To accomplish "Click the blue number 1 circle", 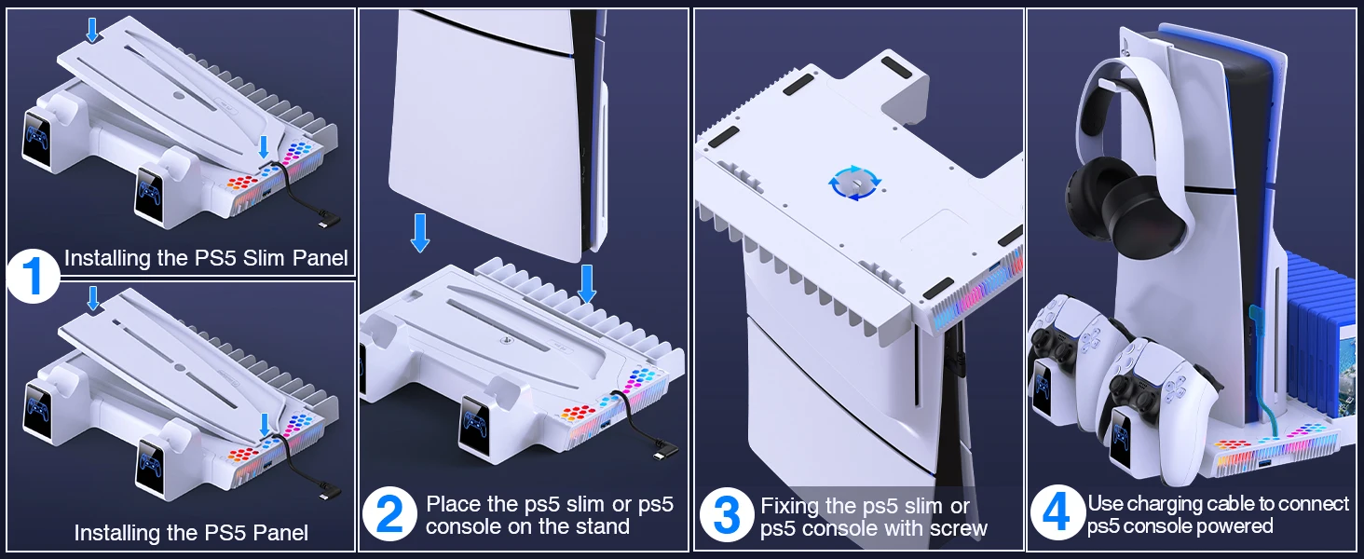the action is click(x=33, y=276).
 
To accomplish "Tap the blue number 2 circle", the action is click(x=389, y=514).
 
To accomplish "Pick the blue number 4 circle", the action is click(x=1056, y=512).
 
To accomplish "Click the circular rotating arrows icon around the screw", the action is click(x=853, y=184).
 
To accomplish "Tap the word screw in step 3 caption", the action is click(x=955, y=529).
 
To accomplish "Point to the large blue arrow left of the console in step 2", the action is click(x=420, y=232).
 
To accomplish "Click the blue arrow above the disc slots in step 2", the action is click(x=586, y=282).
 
